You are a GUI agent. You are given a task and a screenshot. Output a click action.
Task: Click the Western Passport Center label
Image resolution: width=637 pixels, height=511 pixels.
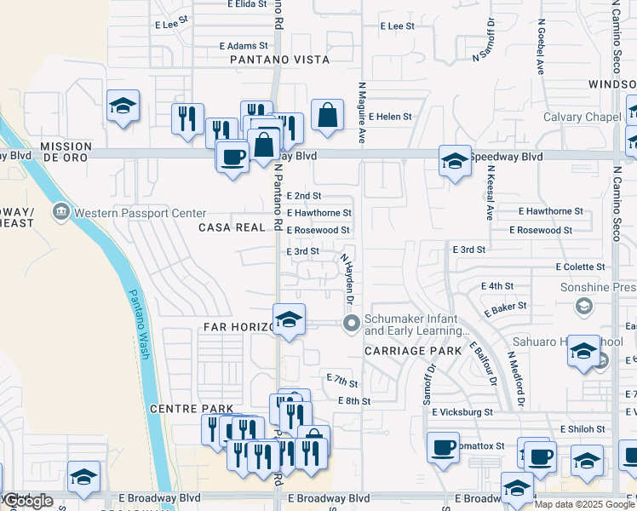140,213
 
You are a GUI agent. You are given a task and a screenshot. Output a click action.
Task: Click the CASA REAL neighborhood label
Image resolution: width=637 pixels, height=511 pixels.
232,227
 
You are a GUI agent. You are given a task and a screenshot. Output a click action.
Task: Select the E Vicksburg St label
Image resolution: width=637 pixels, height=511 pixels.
462,412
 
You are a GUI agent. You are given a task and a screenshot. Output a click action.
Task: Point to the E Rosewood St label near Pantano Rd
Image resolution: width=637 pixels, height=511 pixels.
318,230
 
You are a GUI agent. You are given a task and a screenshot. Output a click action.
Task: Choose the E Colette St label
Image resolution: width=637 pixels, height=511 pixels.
580,267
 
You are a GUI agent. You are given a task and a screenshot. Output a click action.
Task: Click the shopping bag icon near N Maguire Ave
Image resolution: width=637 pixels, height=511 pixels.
327,114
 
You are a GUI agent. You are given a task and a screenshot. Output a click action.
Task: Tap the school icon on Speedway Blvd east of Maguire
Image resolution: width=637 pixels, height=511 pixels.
456,160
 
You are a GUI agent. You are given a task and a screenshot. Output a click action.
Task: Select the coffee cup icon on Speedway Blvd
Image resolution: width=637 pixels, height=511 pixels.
232,156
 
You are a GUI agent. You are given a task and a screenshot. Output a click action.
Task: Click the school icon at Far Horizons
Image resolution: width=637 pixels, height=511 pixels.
290,320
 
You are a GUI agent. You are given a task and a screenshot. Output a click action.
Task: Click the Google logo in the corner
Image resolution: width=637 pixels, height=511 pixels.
27,501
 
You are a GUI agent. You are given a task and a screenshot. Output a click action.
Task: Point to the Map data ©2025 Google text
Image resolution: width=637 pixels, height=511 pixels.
585,504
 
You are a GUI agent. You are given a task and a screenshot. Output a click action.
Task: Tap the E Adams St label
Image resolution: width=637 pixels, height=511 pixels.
244,45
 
